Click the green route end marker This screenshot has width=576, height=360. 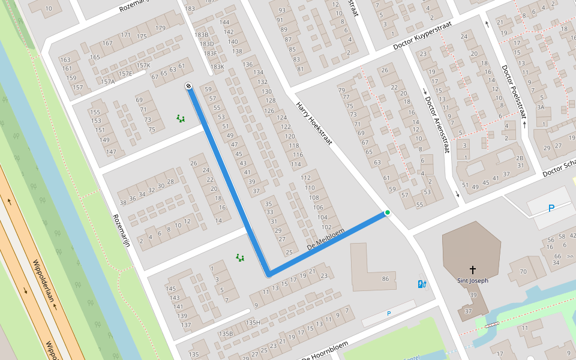[x=388, y=212]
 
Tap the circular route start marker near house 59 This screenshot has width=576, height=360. [x=188, y=86]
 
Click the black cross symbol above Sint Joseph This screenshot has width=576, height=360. [x=473, y=269]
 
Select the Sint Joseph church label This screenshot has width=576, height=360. [x=472, y=280]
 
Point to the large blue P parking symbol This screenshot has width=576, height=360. [x=551, y=208]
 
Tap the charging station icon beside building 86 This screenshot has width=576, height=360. [x=422, y=284]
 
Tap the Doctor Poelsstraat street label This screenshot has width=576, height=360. [x=514, y=92]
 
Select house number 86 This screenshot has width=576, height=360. [x=385, y=279]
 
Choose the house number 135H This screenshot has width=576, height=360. [x=253, y=322]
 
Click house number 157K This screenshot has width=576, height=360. [x=143, y=65]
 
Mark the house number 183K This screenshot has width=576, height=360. [x=217, y=67]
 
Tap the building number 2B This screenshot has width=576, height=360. [x=520, y=158]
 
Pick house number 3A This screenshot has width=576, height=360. [x=540, y=107]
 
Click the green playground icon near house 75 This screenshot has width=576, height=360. [x=180, y=118]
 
